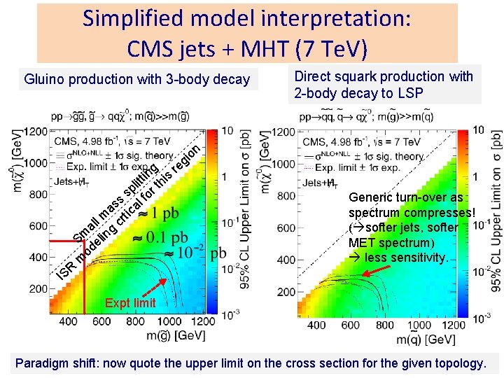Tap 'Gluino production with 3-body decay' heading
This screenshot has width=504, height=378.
point(136,79)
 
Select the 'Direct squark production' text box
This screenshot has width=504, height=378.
point(384,85)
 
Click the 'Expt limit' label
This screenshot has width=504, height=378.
point(129,303)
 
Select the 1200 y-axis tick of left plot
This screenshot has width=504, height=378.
point(36,131)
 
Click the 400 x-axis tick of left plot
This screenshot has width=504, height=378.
point(68,321)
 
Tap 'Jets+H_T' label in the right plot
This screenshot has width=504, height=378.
point(318,183)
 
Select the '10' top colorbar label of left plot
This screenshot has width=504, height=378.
point(227,131)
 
